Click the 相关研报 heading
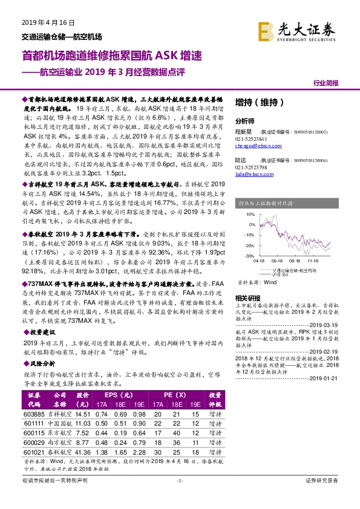click(246, 298)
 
